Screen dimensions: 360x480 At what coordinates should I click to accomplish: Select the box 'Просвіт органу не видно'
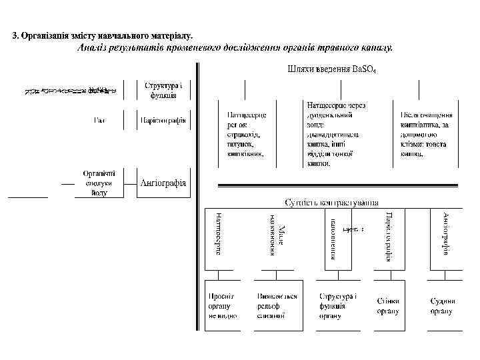[x=220, y=305]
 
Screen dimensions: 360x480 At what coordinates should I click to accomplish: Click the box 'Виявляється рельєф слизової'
[x=277, y=305]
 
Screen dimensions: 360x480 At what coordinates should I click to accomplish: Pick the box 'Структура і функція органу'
[x=337, y=305]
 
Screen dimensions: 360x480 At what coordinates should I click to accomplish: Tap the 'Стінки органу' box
[x=387, y=306]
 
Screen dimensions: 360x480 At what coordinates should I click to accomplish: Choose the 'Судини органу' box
[x=441, y=306]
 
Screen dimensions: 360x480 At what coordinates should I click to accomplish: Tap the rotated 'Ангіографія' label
[x=445, y=233]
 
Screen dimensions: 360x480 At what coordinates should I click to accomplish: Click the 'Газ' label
[x=99, y=121]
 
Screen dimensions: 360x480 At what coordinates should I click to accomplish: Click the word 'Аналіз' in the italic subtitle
[x=93, y=47]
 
